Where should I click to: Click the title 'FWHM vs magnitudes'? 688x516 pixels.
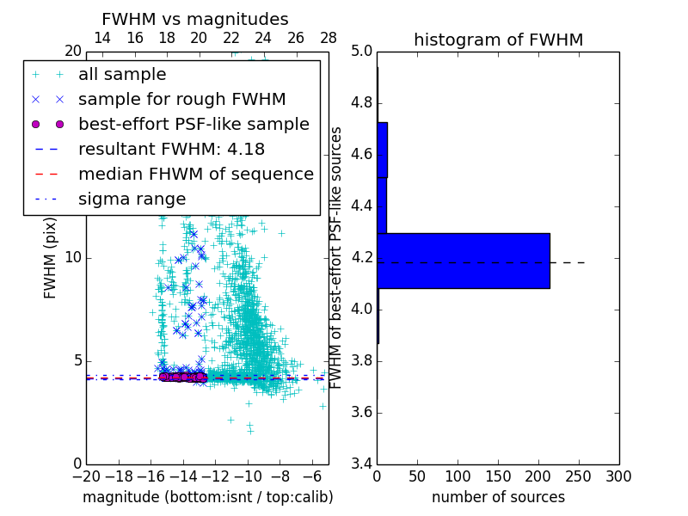195,19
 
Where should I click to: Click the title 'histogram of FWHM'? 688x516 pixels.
498,40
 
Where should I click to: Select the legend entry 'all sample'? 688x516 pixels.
122,75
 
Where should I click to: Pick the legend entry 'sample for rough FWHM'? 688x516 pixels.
181,99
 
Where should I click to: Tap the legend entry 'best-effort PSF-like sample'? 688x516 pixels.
193,124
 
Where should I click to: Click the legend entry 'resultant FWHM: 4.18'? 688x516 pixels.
171,149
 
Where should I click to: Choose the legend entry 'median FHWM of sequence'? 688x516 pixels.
195,174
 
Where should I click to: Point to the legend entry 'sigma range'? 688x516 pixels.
132,199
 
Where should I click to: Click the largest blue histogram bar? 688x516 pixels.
464,261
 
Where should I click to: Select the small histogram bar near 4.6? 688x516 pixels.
382,150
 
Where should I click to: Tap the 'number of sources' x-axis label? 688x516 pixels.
498,497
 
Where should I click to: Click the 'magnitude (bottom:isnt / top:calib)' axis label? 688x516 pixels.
207,497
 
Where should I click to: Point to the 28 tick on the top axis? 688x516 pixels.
329,38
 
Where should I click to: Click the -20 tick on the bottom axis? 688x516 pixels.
86,476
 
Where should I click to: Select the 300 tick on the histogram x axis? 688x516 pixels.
618,476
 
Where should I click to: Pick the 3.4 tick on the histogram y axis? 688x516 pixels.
359,464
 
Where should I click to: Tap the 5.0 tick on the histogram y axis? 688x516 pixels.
359,51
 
